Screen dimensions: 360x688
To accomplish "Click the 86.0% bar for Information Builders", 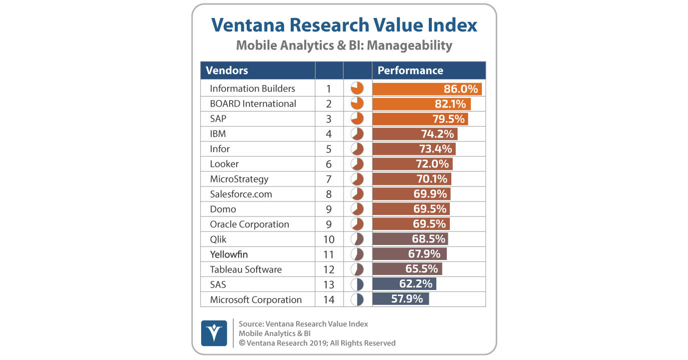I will (x=427, y=88).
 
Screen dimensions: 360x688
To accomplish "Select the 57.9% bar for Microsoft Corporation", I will (x=401, y=299).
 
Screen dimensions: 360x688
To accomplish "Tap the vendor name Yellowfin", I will (x=229, y=254).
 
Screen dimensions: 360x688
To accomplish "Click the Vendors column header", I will (x=227, y=70).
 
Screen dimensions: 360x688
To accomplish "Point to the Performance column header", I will (x=410, y=70).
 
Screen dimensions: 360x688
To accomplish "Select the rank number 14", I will (x=329, y=299).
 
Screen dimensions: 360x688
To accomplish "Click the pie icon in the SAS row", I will (x=357, y=284).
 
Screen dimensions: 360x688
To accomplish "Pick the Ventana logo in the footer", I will (x=214, y=333).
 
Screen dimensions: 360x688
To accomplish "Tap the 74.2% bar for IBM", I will (x=415, y=134).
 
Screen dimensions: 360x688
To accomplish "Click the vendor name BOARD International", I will (x=253, y=103).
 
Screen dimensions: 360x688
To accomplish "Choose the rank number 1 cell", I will (x=329, y=88).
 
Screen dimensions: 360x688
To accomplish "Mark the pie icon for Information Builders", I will (x=357, y=88).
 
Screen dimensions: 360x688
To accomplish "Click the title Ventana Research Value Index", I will (x=344, y=25).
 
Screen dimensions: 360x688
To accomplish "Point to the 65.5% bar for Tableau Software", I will (x=407, y=269).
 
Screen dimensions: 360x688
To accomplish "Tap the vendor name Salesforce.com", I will (x=241, y=194).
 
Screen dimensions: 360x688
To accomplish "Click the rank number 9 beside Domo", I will (x=329, y=209).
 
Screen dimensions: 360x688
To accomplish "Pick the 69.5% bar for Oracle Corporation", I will (x=411, y=224).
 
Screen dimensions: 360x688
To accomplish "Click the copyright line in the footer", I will (x=317, y=343).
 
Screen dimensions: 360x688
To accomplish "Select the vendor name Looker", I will (x=224, y=164).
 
